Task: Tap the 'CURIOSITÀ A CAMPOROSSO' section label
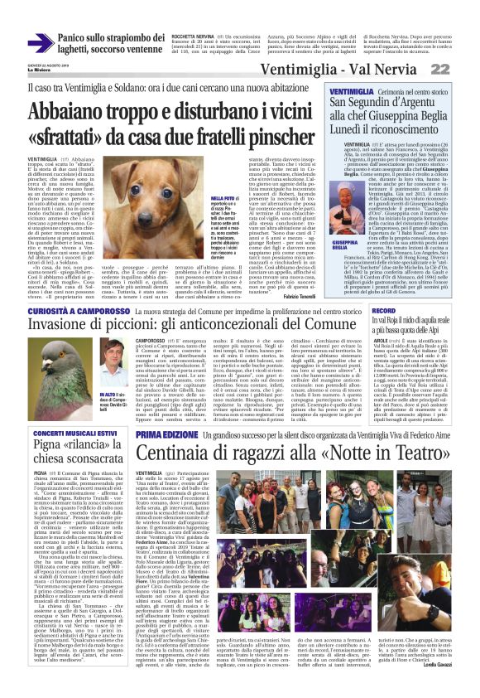(x=61, y=310)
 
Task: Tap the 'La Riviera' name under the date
(x=17, y=71)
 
